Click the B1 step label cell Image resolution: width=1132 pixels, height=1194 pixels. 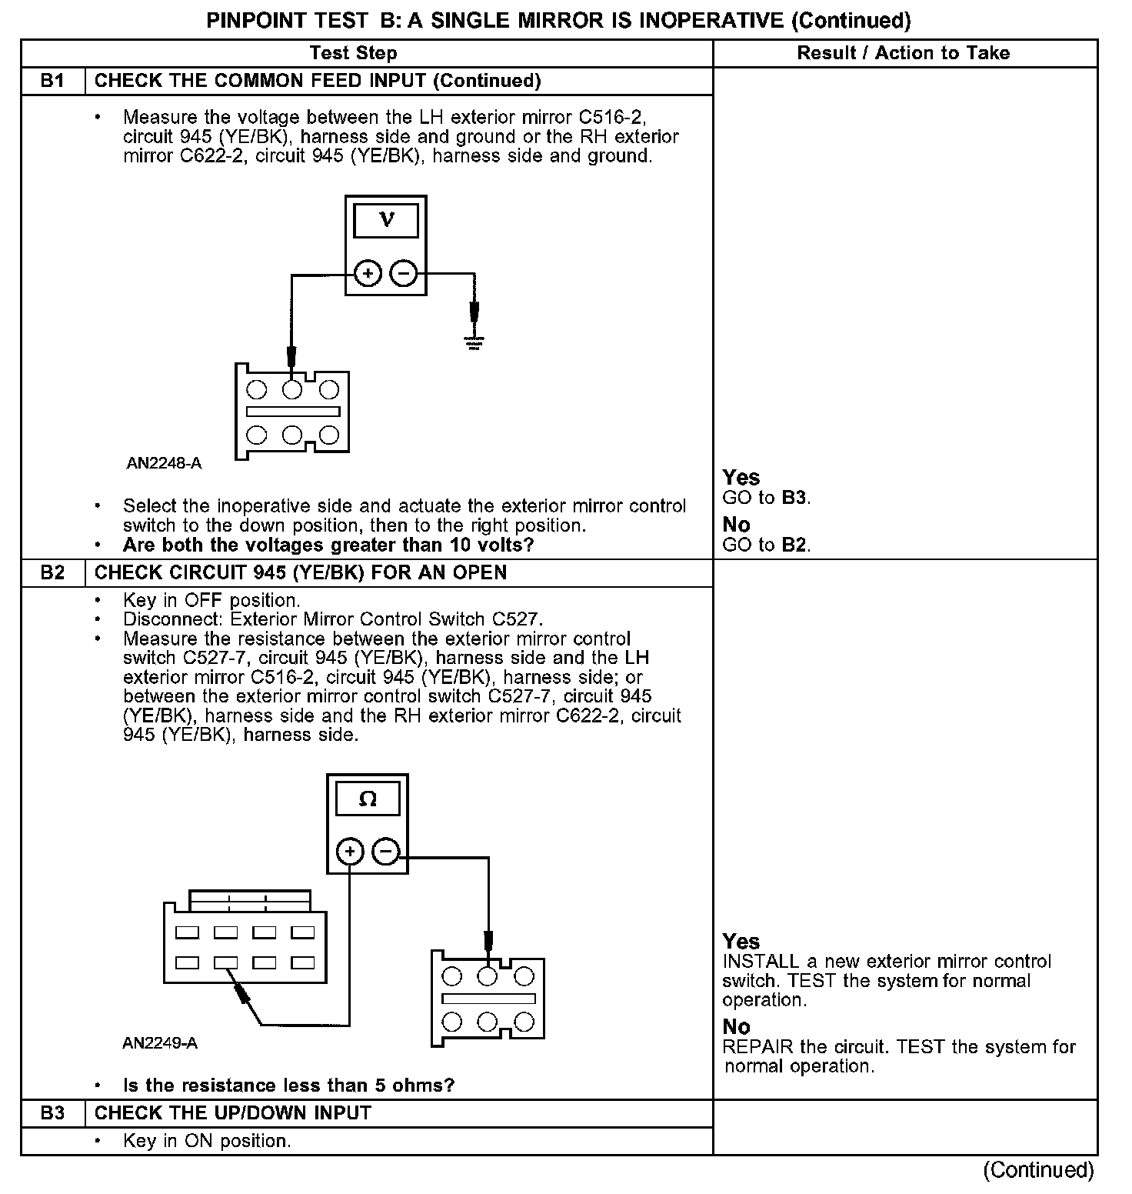click(x=52, y=81)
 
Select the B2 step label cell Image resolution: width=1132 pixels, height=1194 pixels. click(x=52, y=573)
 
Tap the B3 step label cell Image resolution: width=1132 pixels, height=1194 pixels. click(x=52, y=1113)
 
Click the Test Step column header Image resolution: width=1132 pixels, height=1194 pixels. click(x=353, y=53)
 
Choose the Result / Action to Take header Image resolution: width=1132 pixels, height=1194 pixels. click(x=904, y=53)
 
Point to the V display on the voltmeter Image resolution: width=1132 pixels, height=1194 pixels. click(x=386, y=221)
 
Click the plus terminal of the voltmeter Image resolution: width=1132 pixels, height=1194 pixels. click(x=368, y=273)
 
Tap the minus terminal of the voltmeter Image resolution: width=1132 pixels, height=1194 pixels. click(x=405, y=273)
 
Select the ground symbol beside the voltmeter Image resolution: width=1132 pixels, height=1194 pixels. click(x=474, y=339)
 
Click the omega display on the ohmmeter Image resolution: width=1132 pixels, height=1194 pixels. click(x=368, y=799)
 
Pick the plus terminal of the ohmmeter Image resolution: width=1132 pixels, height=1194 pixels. click(x=350, y=852)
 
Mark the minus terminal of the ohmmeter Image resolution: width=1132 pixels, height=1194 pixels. click(x=386, y=852)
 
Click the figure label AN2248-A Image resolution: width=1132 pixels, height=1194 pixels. click(x=164, y=463)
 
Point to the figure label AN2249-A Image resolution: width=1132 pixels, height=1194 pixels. click(x=160, y=1043)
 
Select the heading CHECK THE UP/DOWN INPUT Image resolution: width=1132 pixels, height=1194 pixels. click(x=232, y=1113)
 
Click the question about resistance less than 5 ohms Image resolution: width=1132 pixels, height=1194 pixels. click(x=288, y=1086)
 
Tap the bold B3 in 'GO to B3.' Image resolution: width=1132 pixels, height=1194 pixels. click(x=794, y=498)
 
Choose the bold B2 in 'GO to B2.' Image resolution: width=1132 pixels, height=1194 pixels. click(x=794, y=545)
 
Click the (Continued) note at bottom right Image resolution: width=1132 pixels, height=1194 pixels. click(x=1038, y=1170)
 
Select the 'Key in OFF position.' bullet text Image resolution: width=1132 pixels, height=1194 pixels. click(x=211, y=600)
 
